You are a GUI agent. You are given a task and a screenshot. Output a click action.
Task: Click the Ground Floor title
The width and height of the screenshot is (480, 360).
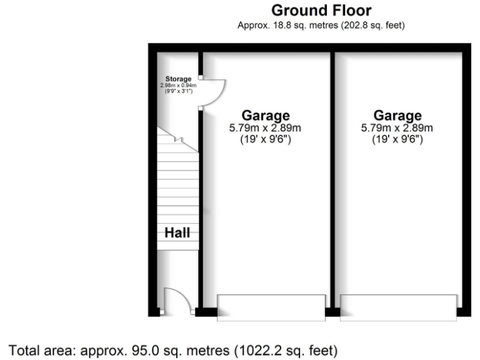[x=321, y=11]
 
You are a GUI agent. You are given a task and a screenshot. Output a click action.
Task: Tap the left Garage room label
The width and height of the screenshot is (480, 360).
[x=266, y=116]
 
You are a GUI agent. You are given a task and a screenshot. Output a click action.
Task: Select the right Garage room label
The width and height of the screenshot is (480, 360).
[x=397, y=116]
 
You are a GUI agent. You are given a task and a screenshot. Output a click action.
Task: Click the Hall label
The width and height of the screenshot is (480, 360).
[x=177, y=233]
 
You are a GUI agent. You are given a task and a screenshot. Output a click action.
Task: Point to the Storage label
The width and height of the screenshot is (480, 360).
[x=178, y=79]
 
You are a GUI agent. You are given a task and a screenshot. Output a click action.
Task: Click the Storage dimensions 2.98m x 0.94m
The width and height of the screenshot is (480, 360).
[x=178, y=86]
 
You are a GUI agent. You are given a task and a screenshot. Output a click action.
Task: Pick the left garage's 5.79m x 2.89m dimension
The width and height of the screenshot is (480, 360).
[x=266, y=128]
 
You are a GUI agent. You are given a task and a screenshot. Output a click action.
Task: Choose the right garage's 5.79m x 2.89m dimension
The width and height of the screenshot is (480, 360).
[x=397, y=128]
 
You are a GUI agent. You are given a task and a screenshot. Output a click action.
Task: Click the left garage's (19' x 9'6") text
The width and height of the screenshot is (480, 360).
[x=266, y=140]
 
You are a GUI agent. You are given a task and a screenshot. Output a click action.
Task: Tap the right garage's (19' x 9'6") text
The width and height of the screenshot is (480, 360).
[x=397, y=140]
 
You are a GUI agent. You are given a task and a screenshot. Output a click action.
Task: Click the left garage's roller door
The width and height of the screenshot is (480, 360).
[x=271, y=307]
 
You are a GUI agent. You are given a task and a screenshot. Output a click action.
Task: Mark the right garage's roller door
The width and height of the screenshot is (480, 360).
[x=398, y=307]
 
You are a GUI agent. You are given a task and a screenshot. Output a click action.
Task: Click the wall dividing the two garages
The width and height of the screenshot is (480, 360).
[x=333, y=181]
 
